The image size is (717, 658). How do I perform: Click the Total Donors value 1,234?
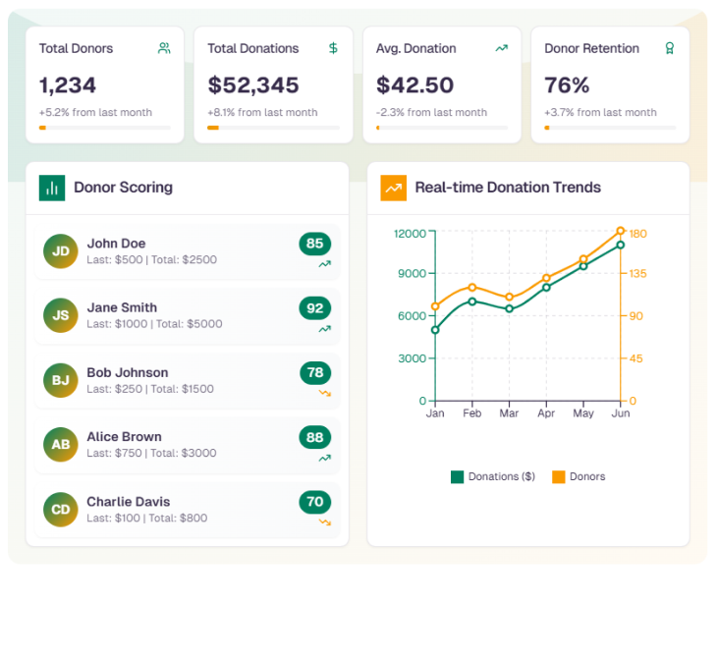(68, 84)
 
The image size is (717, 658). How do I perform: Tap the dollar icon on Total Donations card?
(333, 48)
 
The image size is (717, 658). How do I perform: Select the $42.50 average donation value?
(414, 84)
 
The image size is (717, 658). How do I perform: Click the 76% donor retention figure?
(567, 84)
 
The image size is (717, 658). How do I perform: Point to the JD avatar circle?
(61, 251)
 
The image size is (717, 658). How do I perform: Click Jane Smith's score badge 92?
(315, 308)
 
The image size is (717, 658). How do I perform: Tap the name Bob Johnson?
(128, 372)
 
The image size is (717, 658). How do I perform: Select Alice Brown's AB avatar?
(61, 445)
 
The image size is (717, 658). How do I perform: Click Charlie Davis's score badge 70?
(315, 502)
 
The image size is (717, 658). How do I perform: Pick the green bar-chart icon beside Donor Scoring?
(52, 188)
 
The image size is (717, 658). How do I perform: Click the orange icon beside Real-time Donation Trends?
(393, 188)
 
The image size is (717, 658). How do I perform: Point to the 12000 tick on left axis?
(410, 234)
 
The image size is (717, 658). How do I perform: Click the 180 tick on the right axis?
(637, 234)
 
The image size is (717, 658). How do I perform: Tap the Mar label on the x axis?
(509, 413)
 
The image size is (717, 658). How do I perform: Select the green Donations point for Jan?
(435, 330)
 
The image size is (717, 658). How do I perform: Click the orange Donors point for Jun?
(621, 231)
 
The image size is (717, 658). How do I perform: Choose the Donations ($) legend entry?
(493, 477)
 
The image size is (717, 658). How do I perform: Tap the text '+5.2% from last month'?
(95, 112)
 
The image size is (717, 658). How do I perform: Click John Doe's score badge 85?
(315, 244)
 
